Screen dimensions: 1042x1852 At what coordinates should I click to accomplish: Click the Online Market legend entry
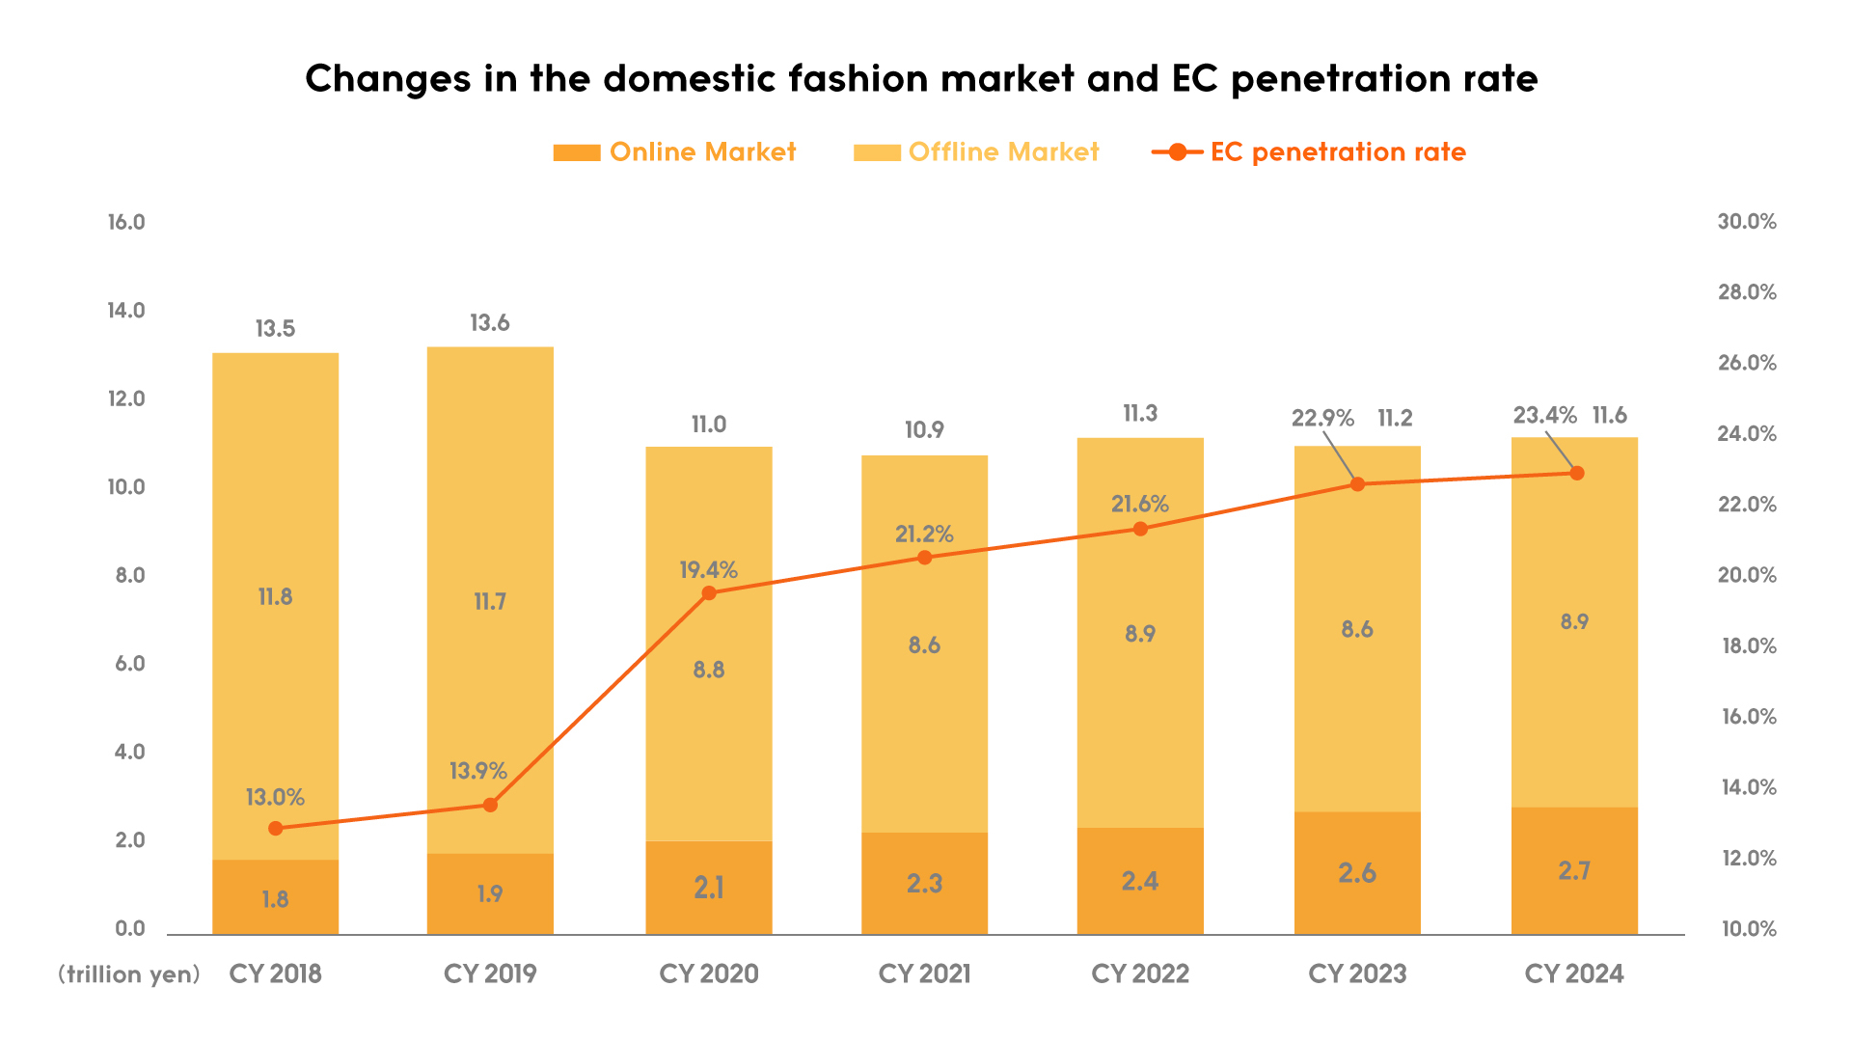(675, 152)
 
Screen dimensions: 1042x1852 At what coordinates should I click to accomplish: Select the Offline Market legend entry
(976, 152)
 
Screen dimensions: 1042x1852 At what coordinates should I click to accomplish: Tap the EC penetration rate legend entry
(1309, 152)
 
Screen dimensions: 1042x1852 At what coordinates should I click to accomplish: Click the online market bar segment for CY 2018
(275, 897)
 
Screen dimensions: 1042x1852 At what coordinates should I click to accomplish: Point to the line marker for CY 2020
(709, 593)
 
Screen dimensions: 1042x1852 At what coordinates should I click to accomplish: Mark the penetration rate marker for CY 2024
(1577, 474)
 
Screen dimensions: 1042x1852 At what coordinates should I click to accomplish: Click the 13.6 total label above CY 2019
(490, 323)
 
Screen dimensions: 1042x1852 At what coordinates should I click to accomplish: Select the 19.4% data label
(708, 570)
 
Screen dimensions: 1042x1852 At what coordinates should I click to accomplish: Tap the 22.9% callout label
(1322, 419)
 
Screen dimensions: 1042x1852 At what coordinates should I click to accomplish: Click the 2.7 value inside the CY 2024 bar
(1574, 871)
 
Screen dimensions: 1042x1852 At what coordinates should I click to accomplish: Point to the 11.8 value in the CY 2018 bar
(275, 597)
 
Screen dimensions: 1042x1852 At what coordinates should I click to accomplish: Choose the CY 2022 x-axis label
(1140, 973)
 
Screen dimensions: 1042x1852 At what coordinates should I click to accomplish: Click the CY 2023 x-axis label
(1357, 973)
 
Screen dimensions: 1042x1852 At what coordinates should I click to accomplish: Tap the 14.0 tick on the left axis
(126, 311)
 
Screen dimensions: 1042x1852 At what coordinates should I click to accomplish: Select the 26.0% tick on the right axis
(1747, 363)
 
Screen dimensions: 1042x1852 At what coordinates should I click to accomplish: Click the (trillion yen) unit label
(129, 974)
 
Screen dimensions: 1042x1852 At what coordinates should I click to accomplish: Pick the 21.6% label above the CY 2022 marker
(1140, 504)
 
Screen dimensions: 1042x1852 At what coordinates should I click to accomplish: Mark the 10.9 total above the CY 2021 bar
(924, 430)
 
